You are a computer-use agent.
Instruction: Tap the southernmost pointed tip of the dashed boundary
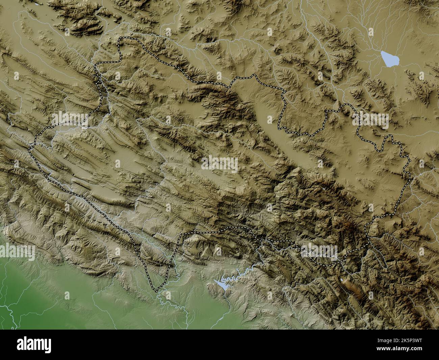pyautogui.click(x=156, y=291)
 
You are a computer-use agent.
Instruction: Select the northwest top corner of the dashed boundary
pyautogui.click(x=119, y=40)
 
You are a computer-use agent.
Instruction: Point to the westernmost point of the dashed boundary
pyautogui.click(x=29, y=149)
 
